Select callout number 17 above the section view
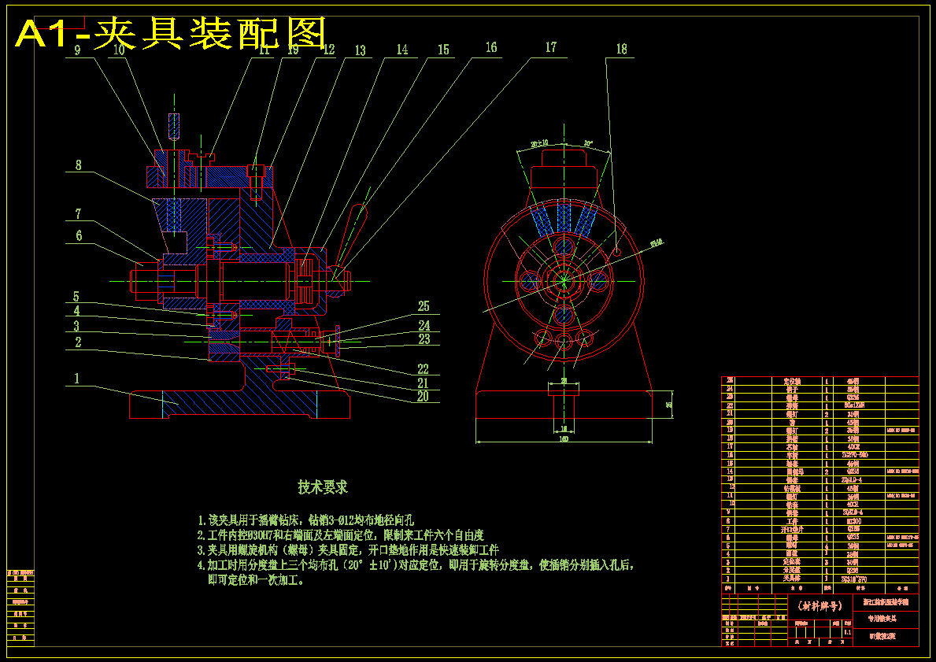(x=550, y=48)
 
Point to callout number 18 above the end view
(x=622, y=50)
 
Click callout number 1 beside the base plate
(x=77, y=379)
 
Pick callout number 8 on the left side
(x=78, y=166)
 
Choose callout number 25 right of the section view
(x=424, y=306)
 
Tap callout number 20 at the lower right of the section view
(x=424, y=397)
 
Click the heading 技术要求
(x=322, y=488)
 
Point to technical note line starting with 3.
(x=347, y=550)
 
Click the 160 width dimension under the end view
(x=564, y=439)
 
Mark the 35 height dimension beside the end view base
(x=668, y=404)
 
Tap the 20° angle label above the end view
(x=588, y=144)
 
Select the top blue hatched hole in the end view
(x=564, y=247)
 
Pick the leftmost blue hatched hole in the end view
(x=531, y=279)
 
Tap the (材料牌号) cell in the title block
(x=819, y=606)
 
